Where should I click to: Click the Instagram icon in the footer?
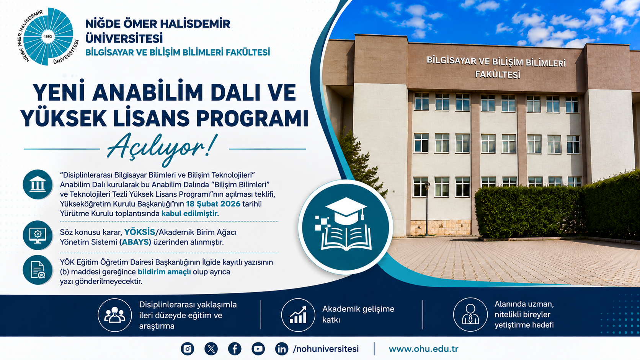(x=188, y=349)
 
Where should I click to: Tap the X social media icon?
(x=211, y=349)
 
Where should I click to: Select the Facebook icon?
(x=235, y=349)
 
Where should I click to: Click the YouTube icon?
(x=258, y=349)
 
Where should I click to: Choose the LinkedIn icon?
(x=282, y=349)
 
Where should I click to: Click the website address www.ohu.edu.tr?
(x=423, y=349)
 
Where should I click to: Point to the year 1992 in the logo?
(x=48, y=37)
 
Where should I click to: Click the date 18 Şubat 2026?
(x=213, y=204)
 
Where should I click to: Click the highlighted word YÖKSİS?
(x=139, y=232)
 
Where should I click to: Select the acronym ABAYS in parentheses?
(x=136, y=242)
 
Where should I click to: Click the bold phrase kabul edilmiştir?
(x=190, y=213)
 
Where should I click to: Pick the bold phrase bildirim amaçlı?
(x=164, y=272)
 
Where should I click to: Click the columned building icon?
(x=38, y=184)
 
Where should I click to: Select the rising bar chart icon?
(x=298, y=315)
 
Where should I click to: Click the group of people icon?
(x=114, y=315)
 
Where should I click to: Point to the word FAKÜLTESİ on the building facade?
(x=498, y=75)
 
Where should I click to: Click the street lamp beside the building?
(x=427, y=209)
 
